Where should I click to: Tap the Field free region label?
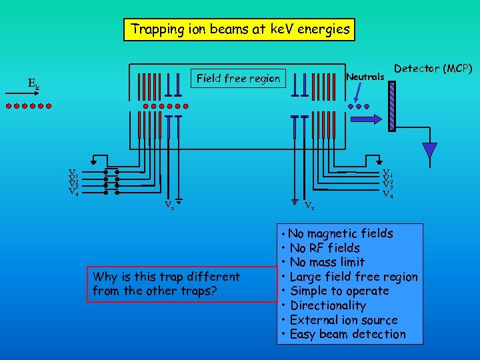tap(238, 79)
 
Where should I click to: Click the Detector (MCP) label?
tap(433, 69)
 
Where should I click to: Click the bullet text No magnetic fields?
tap(341, 233)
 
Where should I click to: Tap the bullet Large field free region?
tap(353, 277)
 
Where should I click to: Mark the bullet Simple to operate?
tap(339, 291)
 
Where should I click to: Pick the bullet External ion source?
tap(343, 320)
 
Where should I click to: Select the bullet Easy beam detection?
tap(347, 335)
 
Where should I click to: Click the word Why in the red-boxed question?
tap(105, 277)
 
